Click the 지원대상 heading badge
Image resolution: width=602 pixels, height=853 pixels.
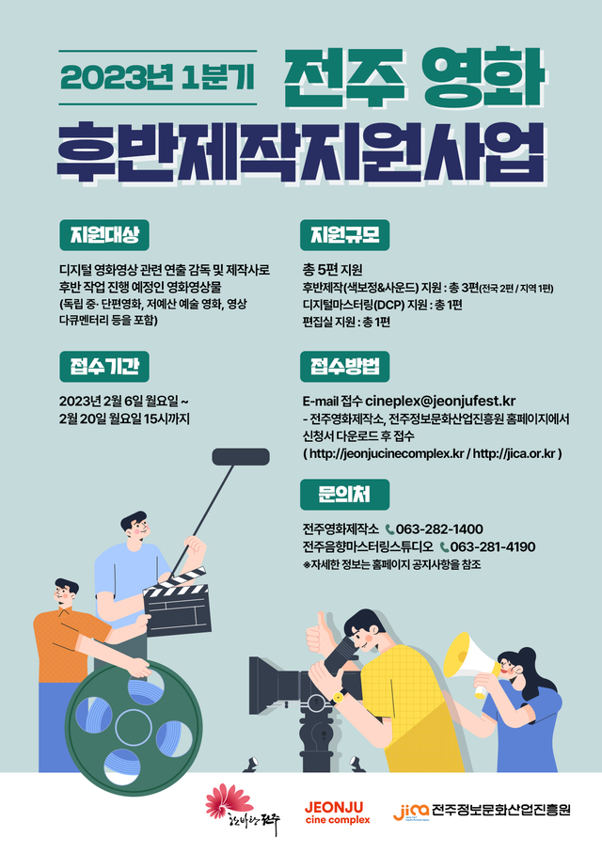(104, 235)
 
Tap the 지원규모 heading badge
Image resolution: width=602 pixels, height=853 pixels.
(344, 235)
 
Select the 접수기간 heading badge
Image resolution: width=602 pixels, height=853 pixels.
(104, 367)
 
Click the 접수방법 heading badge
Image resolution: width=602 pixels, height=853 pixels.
(344, 367)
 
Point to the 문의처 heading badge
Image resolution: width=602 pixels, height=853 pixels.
(344, 495)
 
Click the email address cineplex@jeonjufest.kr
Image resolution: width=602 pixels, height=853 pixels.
(440, 401)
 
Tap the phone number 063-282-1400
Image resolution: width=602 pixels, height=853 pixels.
(439, 529)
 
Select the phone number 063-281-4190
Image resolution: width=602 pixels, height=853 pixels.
(493, 546)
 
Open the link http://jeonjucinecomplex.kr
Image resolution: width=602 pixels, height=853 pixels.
(387, 453)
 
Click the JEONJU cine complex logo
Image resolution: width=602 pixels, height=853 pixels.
(338, 813)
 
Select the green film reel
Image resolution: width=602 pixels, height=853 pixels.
(134, 727)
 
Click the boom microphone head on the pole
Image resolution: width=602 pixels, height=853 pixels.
(241, 457)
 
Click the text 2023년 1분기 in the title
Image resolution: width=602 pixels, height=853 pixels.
(157, 77)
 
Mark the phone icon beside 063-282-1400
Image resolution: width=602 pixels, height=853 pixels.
(389, 529)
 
